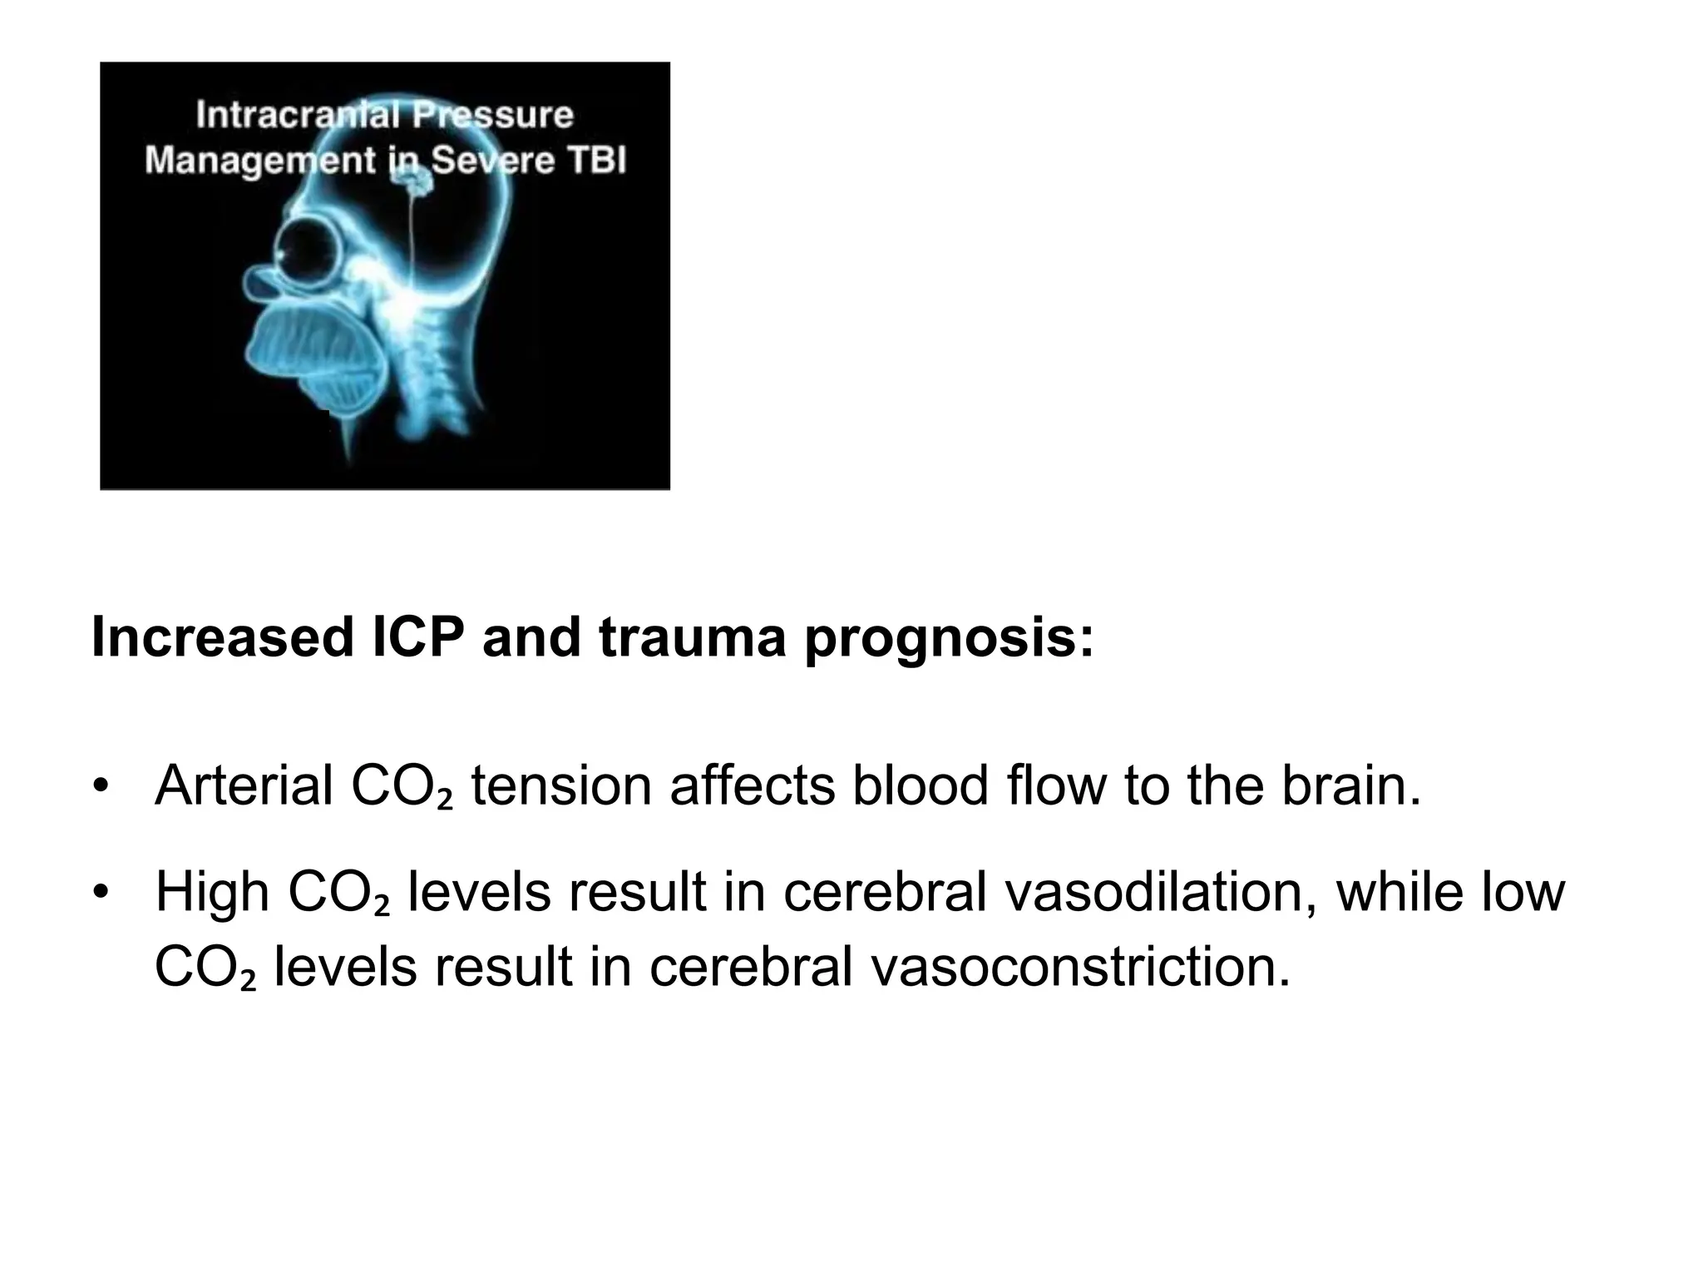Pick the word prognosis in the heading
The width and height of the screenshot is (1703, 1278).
click(x=949, y=638)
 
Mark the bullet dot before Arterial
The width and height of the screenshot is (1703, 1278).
click(x=101, y=787)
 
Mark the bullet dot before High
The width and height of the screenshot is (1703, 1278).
click(x=101, y=894)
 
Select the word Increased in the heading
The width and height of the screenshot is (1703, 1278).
click(x=223, y=638)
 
